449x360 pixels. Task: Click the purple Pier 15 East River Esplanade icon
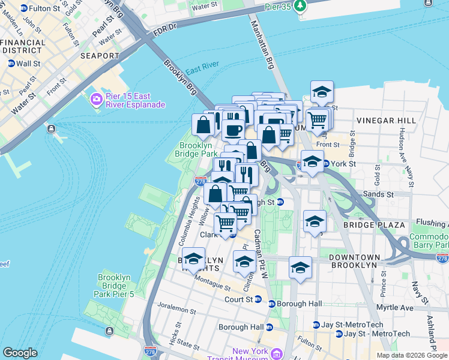coord(95,99)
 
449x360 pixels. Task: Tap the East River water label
coord(202,69)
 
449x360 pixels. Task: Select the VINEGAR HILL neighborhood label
coord(386,121)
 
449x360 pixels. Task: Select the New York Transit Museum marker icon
coord(276,354)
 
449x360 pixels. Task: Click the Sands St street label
coord(377,194)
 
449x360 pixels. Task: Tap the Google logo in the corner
coord(20,353)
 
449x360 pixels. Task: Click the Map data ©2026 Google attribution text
coord(411,355)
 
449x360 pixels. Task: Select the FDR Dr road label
coord(163,27)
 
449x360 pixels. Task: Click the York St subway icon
coord(326,163)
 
